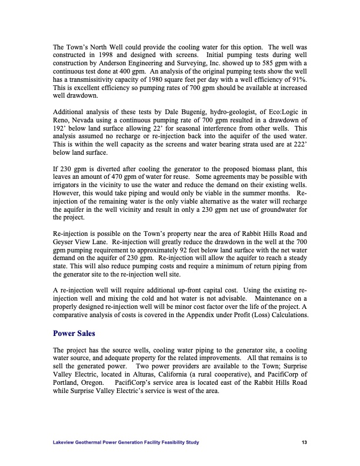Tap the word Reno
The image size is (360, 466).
62,121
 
